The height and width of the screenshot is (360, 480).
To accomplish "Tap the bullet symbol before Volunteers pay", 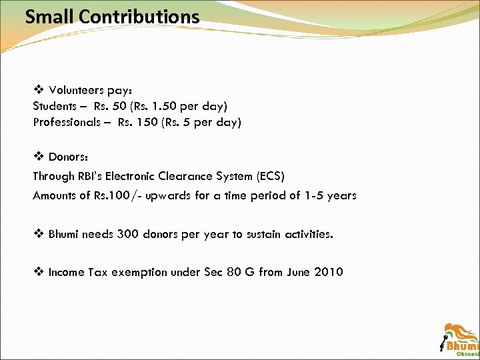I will tap(38, 89).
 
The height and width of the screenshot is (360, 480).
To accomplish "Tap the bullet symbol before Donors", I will tap(38, 157).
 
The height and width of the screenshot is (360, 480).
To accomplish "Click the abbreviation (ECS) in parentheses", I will tap(267, 176).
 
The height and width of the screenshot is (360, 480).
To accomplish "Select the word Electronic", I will tap(125, 176).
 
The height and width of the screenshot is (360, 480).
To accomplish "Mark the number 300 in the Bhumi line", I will tap(129, 234).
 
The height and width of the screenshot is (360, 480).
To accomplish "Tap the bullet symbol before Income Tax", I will tap(38, 271).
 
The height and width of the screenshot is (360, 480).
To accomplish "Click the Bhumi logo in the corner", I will tap(460, 339).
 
